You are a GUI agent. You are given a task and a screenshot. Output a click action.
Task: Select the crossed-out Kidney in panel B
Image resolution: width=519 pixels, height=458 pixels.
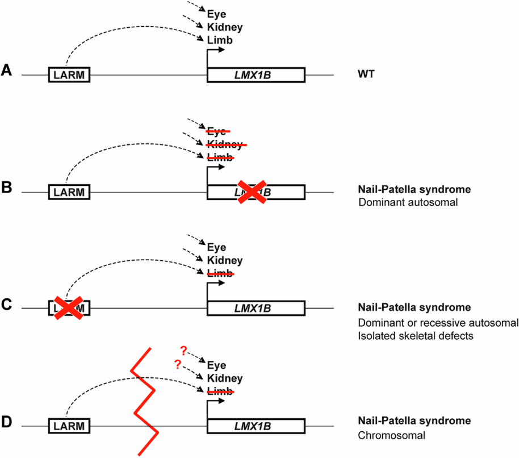[x=224, y=144]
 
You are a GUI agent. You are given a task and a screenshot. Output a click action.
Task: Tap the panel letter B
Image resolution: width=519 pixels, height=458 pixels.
[x=7, y=187]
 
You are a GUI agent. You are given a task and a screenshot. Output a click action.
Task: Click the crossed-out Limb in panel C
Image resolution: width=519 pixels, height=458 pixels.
[x=220, y=274]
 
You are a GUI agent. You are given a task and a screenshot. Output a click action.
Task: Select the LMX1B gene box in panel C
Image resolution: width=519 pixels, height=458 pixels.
[x=256, y=309]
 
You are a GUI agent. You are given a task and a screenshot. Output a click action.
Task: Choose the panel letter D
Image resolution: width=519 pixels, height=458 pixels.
[x=7, y=421]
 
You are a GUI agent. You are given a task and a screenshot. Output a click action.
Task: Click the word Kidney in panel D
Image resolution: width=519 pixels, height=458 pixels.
[x=224, y=378]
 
